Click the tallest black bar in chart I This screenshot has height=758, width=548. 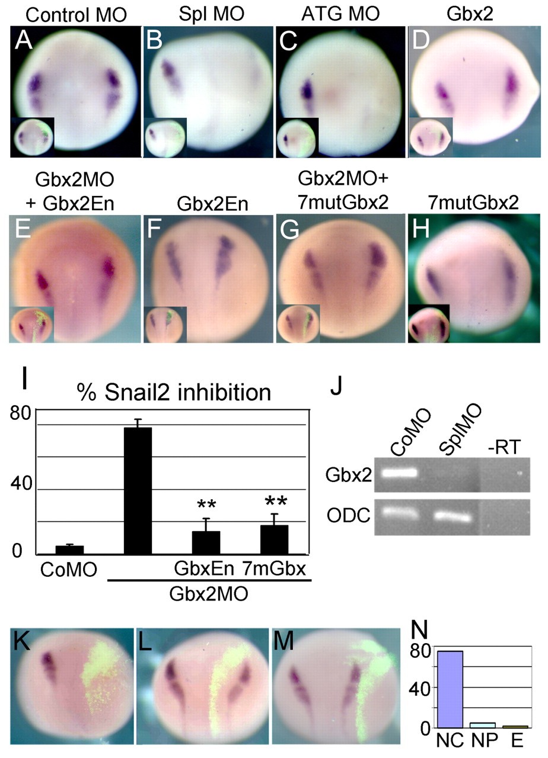138,491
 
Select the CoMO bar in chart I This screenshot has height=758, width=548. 69,550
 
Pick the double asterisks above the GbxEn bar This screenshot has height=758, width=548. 206,505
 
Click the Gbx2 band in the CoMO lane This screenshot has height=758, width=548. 399,473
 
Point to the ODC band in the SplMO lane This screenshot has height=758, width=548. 452,517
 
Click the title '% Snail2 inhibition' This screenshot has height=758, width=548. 174,393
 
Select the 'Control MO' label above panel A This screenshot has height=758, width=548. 77,15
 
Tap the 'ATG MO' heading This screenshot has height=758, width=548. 340,14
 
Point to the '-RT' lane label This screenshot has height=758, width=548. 504,447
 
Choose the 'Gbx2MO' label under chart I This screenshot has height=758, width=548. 209,594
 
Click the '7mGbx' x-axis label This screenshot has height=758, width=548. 274,569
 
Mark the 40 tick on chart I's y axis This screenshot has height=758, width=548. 21,484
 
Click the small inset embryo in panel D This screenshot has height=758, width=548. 431,137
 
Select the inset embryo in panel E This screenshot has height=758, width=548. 32,325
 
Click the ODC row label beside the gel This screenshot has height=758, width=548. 348,516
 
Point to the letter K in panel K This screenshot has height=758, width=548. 22,641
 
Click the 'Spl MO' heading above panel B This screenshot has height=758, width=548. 212,14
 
